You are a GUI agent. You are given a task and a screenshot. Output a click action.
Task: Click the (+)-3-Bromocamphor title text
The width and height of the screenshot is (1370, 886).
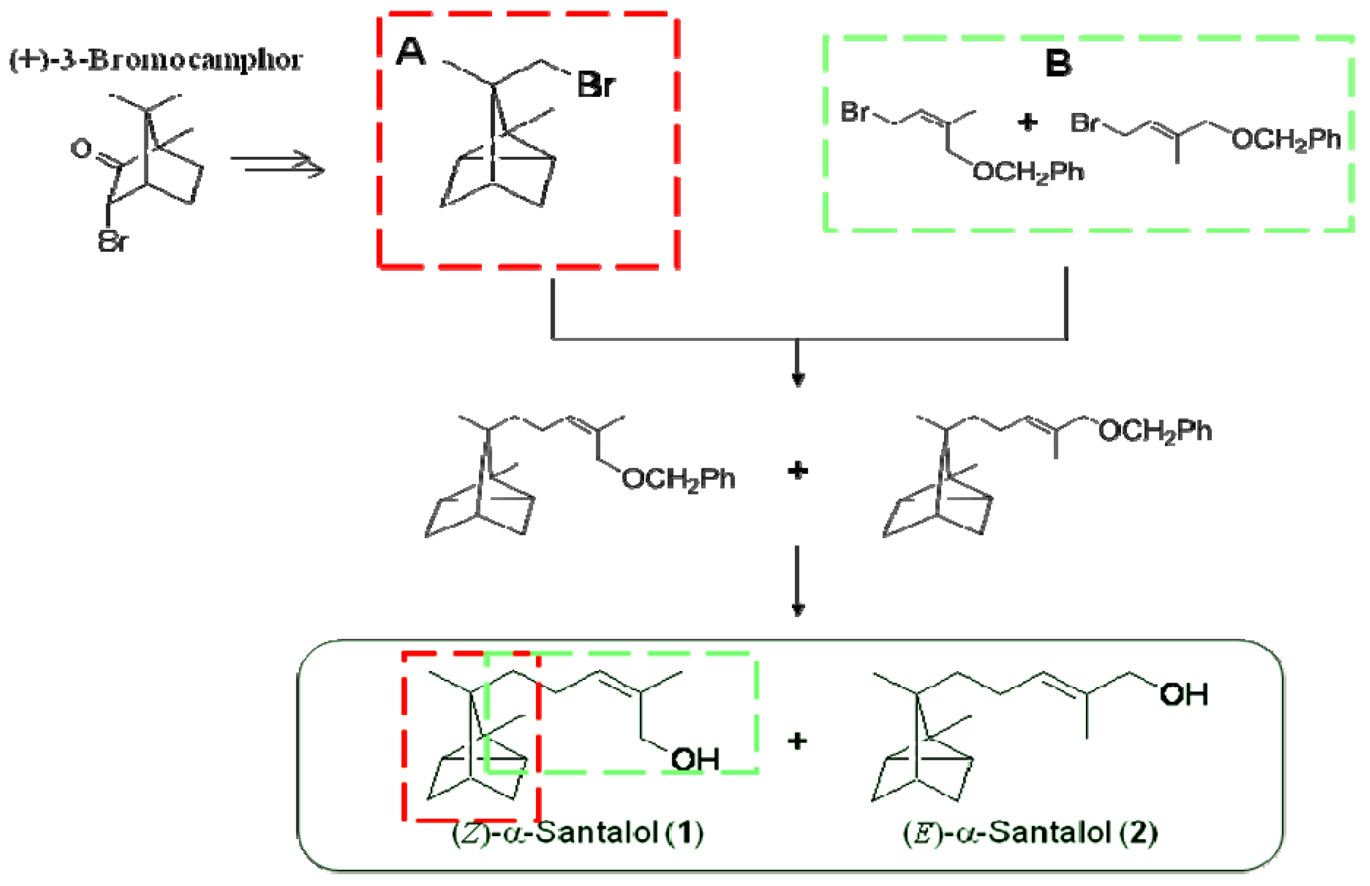tap(156, 60)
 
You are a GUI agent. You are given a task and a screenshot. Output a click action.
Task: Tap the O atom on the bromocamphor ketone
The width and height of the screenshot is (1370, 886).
tap(81, 148)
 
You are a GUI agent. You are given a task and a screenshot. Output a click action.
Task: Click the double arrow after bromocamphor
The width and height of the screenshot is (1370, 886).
tap(277, 164)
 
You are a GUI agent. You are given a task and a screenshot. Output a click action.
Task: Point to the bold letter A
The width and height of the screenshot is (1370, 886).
tap(410, 53)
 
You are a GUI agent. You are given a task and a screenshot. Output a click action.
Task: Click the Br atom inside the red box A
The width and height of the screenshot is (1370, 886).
tap(596, 85)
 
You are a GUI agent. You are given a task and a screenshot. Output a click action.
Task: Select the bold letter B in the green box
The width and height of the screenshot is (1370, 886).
tap(1058, 63)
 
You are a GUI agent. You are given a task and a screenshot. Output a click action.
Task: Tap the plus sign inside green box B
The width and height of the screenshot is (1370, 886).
tap(1027, 122)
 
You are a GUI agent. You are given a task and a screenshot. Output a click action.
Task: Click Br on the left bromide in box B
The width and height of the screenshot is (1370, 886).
tap(855, 112)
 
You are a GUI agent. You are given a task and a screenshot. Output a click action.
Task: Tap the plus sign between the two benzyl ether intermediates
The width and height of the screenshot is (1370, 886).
tap(797, 471)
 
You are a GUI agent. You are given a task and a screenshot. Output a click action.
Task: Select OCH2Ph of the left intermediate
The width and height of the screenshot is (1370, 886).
tap(678, 479)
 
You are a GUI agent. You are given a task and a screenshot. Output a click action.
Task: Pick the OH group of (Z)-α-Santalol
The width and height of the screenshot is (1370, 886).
tap(695, 759)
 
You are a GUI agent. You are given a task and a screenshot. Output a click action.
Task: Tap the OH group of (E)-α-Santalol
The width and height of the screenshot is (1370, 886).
tap(1183, 694)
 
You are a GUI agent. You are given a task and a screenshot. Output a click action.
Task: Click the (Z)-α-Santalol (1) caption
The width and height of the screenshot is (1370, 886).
tap(577, 832)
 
